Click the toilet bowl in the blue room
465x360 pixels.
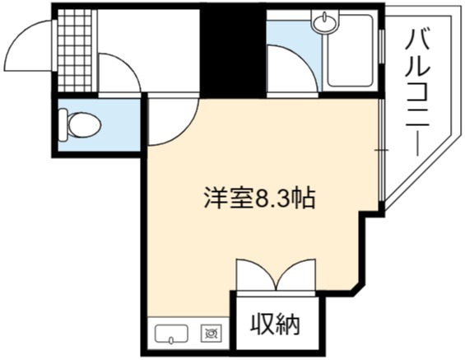(85, 125)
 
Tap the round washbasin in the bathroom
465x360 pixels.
(324, 21)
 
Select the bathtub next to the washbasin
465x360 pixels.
(350, 50)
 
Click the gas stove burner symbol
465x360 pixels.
(211, 333)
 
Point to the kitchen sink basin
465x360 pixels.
(171, 334)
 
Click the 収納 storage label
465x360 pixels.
(275, 325)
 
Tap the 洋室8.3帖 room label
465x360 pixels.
(259, 198)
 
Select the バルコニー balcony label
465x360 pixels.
(417, 92)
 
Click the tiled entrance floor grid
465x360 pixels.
(74, 50)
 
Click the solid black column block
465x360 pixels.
(233, 50)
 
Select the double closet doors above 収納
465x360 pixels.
(276, 275)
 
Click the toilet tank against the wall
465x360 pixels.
(63, 125)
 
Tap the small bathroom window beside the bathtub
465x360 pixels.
(382, 46)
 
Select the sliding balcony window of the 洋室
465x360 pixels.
(382, 150)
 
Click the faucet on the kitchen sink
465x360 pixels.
(171, 339)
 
